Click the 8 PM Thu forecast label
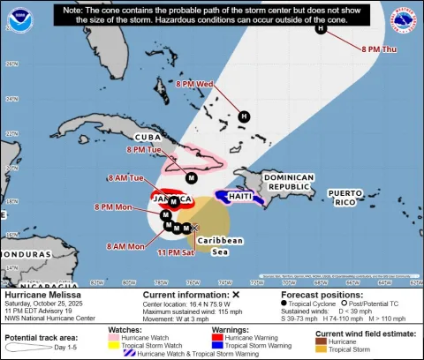[x=378, y=49]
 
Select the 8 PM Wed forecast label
[x=195, y=84]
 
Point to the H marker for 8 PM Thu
[x=321, y=28]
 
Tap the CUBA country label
[x=147, y=138]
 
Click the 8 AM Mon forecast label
[x=124, y=245]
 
